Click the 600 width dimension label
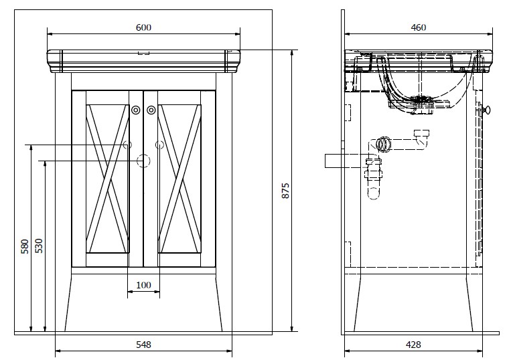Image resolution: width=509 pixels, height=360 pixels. pyautogui.click(x=143, y=27)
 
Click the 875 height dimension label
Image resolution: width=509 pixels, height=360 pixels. pyautogui.click(x=285, y=191)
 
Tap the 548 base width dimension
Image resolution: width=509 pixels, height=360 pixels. pyautogui.click(x=143, y=345)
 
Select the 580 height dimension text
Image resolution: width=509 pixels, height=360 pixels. pyautogui.click(x=25, y=246)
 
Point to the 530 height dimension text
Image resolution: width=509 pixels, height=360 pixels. pyautogui.click(x=39, y=246)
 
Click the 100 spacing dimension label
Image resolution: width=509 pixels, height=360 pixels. pyautogui.click(x=143, y=285)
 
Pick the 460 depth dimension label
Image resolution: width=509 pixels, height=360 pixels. pyautogui.click(x=419, y=27)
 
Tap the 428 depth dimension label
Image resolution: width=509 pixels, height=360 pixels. pyautogui.click(x=413, y=345)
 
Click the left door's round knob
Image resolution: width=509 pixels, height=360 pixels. pyautogui.click(x=136, y=110)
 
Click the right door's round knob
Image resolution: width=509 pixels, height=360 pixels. pyautogui.click(x=151, y=110)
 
